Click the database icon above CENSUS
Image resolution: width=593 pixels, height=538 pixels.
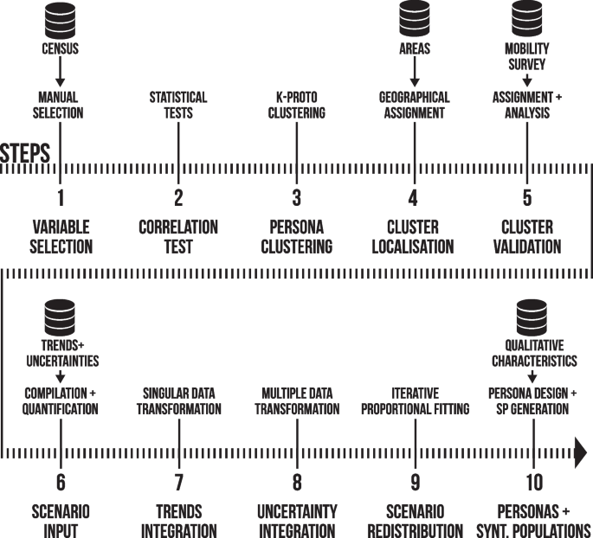61,18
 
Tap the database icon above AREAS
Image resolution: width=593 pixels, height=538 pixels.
414,18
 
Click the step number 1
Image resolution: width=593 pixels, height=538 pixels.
61,198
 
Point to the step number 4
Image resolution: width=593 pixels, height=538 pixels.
414,198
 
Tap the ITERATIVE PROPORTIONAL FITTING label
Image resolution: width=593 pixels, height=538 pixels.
414,400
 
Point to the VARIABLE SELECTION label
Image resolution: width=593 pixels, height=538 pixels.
61,236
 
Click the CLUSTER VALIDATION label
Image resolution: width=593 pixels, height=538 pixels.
532,236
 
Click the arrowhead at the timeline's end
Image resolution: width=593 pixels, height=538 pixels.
580,452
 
